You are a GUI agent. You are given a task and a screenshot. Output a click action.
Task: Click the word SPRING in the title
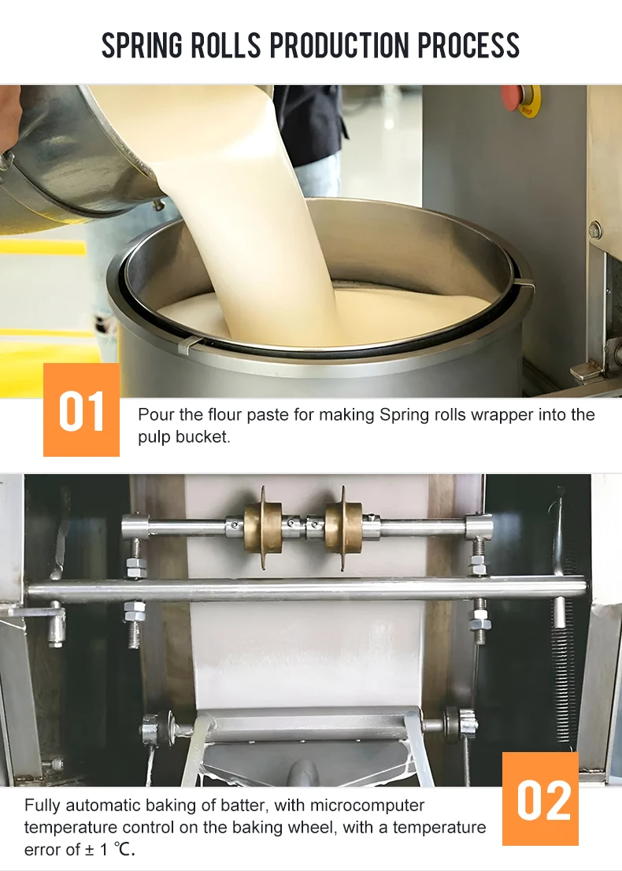143,46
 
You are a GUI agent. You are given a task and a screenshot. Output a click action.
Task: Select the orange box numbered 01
81,410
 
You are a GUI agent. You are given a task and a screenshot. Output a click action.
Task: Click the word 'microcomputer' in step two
368,806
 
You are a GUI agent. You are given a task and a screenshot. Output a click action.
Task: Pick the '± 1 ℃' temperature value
111,850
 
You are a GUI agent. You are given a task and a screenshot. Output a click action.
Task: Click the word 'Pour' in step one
154,414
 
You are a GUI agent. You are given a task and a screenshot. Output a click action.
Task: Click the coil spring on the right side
561,630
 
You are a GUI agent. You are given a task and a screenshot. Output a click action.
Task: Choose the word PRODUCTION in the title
340,46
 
